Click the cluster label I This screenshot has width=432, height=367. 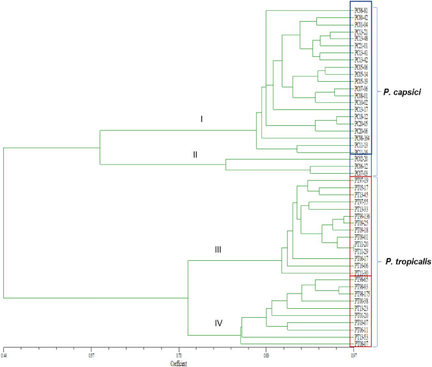pyautogui.click(x=200, y=120)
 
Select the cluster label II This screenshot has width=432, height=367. pyautogui.click(x=196, y=155)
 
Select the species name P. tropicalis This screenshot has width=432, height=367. pyautogui.click(x=406, y=262)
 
